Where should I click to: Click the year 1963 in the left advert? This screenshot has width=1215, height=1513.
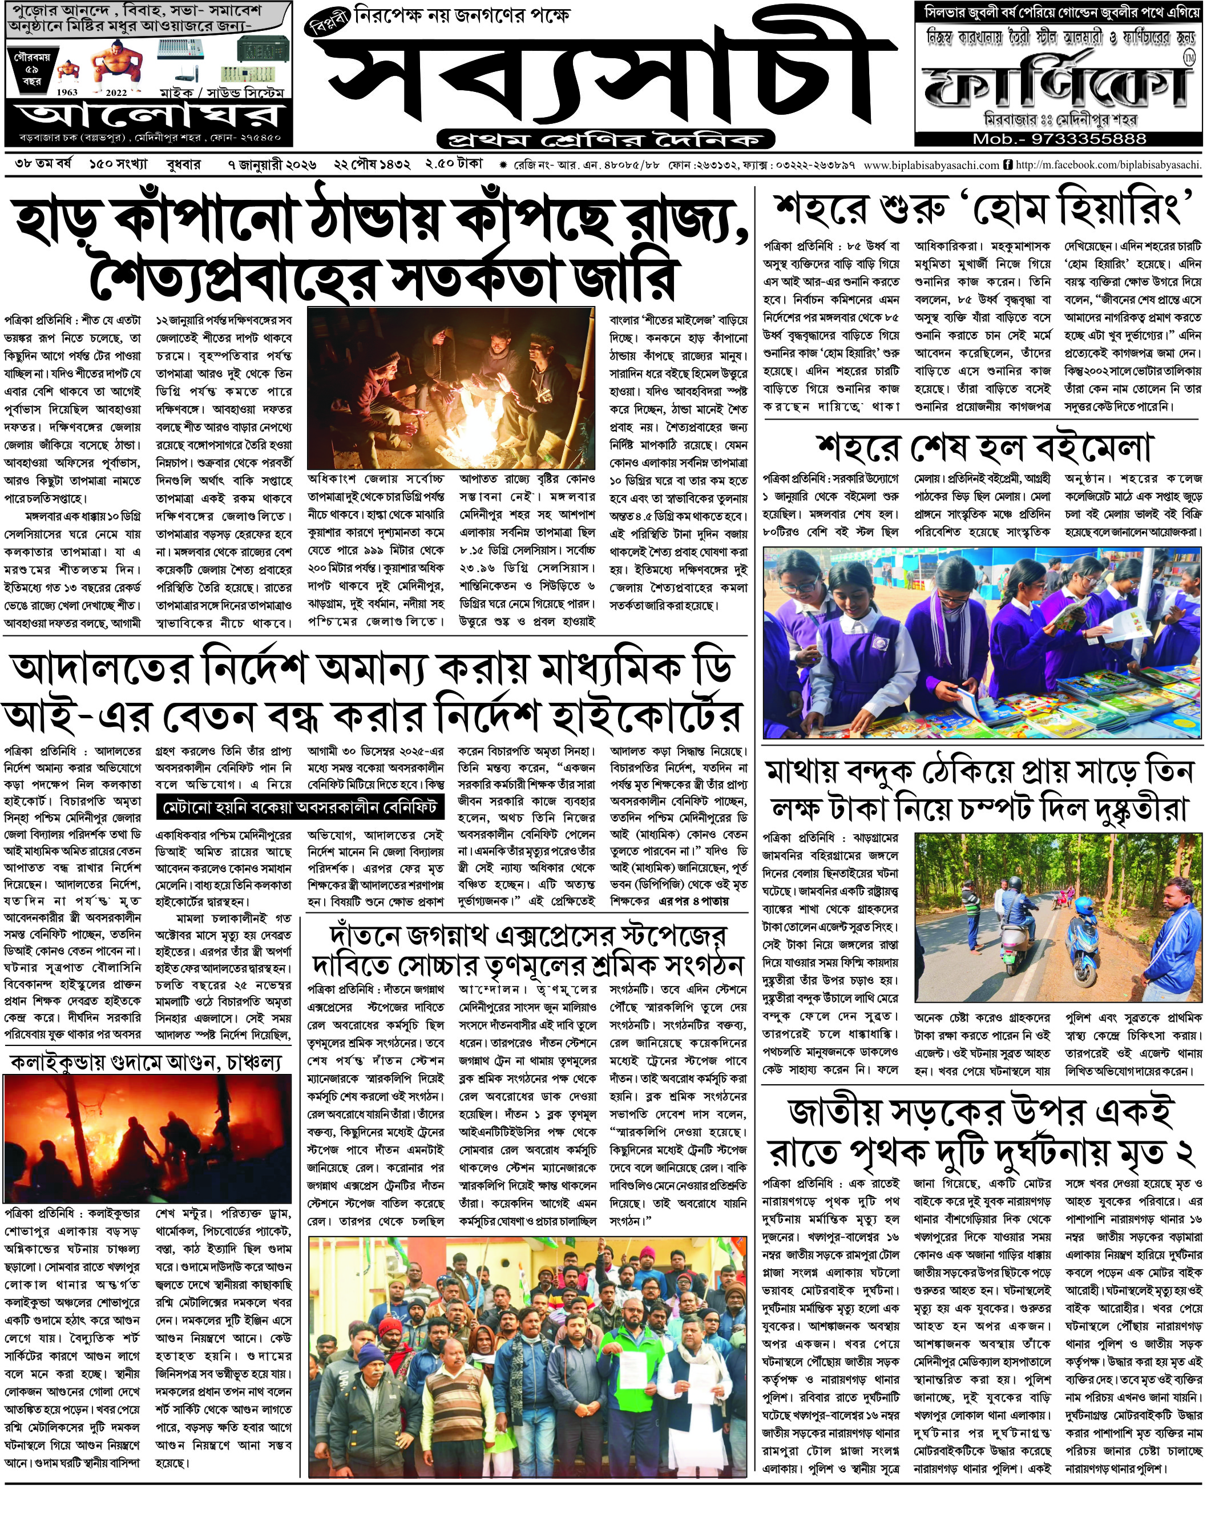67,92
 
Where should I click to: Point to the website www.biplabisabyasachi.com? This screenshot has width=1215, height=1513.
931,166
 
